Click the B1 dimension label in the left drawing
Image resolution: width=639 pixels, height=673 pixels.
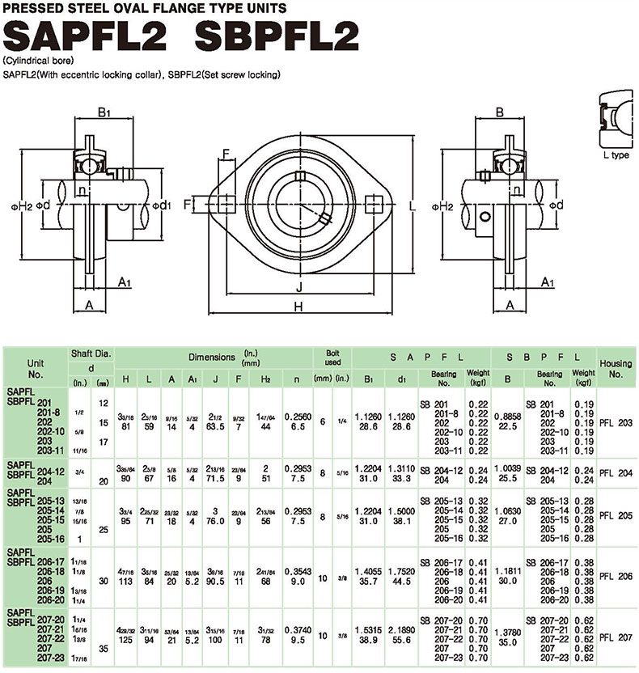[104, 112]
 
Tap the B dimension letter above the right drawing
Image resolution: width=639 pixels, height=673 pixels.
[500, 112]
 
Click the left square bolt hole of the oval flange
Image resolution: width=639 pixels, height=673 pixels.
[225, 202]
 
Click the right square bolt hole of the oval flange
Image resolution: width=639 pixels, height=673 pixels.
[374, 202]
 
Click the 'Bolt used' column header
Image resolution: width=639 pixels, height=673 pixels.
[332, 358]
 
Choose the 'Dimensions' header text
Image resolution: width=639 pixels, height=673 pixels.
[213, 356]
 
